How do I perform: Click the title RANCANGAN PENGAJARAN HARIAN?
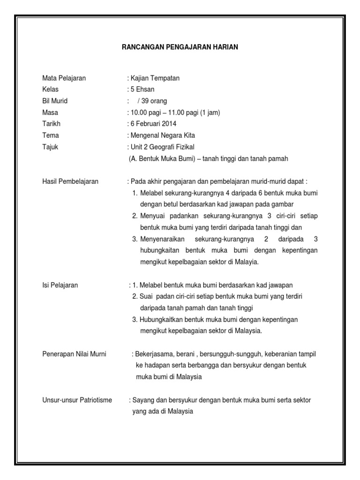[180, 47]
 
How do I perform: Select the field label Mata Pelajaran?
[64, 78]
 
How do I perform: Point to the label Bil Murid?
[55, 101]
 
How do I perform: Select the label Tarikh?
[51, 124]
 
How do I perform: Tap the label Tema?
[51, 135]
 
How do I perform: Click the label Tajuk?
[50, 147]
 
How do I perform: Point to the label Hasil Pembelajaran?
[70, 181]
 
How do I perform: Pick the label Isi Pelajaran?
[60, 285]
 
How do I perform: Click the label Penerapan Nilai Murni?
[74, 354]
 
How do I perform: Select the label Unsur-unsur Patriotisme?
[77, 400]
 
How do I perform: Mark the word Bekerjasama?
[154, 354]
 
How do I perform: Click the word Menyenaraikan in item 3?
[161, 239]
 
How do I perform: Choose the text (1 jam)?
[210, 112]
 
